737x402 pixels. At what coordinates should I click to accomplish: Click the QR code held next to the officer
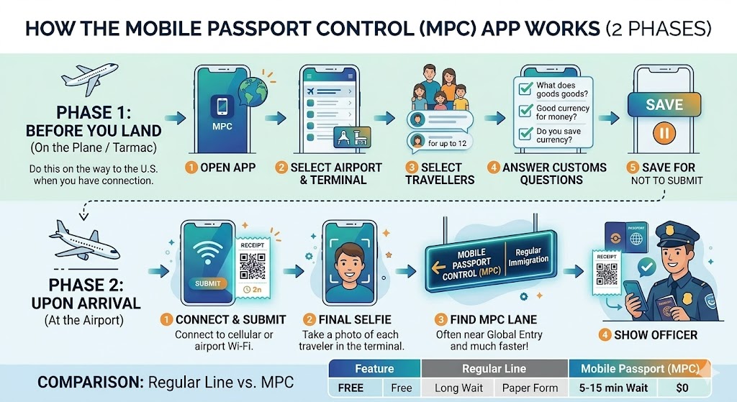(607, 274)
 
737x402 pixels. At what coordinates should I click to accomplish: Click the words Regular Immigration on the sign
(528, 255)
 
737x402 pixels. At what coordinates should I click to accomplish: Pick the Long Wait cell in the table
(457, 388)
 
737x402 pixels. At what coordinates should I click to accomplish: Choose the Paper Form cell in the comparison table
(531, 388)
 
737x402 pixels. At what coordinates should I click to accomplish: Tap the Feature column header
(374, 369)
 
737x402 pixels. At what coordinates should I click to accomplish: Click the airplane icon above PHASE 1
(89, 76)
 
